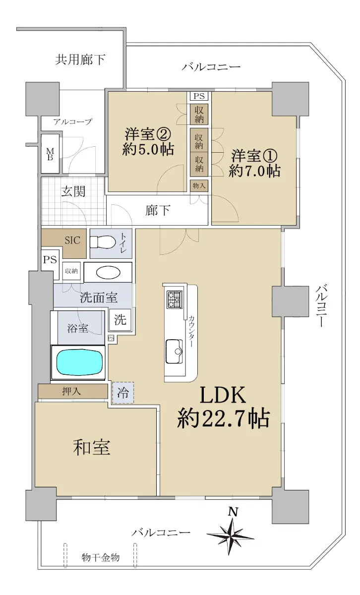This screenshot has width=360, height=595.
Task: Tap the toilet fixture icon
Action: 103,242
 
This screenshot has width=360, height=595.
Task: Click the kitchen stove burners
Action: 174,299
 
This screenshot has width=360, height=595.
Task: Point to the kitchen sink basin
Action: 174,351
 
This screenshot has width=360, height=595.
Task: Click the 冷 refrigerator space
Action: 123,393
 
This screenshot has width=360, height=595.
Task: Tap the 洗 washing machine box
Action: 120,319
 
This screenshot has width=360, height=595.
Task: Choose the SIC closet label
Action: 72,240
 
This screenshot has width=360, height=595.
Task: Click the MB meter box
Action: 50,154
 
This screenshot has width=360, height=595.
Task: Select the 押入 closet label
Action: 71,391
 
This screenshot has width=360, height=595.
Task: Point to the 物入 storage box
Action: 199,185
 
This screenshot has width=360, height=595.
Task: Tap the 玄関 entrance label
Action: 73,191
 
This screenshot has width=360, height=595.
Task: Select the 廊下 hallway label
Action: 158,210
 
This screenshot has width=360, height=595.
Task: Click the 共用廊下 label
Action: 80,59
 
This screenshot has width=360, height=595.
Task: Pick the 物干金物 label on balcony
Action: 101,557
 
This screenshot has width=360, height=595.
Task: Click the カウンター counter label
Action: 191,331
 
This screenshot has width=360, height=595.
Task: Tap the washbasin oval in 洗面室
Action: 108,273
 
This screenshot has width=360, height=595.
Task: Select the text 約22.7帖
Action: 224,418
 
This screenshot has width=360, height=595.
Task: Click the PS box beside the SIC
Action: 50,259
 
